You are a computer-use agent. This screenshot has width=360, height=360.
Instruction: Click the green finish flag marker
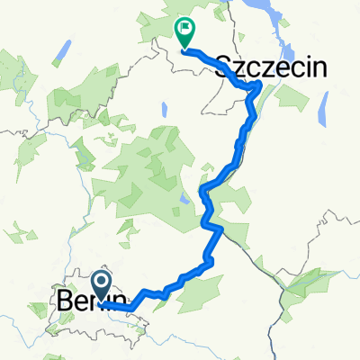pyautogui.click(x=184, y=33)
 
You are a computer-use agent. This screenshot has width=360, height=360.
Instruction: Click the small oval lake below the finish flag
pyautogui.click(x=165, y=110)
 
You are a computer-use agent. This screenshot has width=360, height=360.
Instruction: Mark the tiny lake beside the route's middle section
pyautogui.click(x=185, y=200)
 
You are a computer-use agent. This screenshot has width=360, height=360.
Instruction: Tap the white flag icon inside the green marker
pyautogui.click(x=185, y=30)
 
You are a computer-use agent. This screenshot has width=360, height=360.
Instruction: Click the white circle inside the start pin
pyautogui.click(x=100, y=283)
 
